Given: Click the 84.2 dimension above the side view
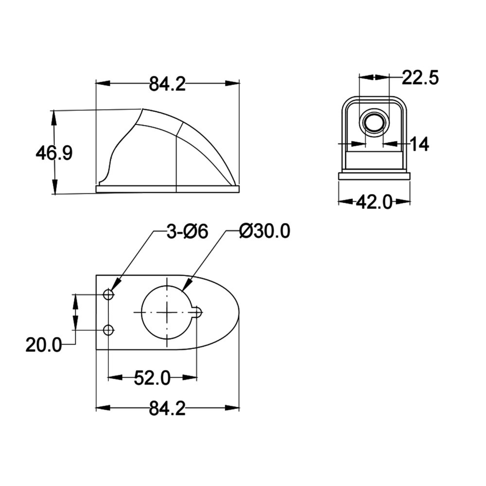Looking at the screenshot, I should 167,84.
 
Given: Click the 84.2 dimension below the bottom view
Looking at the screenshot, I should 167,409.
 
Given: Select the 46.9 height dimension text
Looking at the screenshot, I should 54,154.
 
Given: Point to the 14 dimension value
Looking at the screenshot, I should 419,144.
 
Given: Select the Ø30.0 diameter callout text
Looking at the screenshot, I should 265,232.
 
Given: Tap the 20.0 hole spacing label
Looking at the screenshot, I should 44,346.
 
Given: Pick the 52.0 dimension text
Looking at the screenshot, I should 152,378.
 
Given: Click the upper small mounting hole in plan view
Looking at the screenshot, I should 108,295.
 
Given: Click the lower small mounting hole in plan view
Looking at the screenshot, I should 108,330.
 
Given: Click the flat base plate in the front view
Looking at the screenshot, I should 374,176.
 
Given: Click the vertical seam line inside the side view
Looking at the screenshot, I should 175,160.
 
